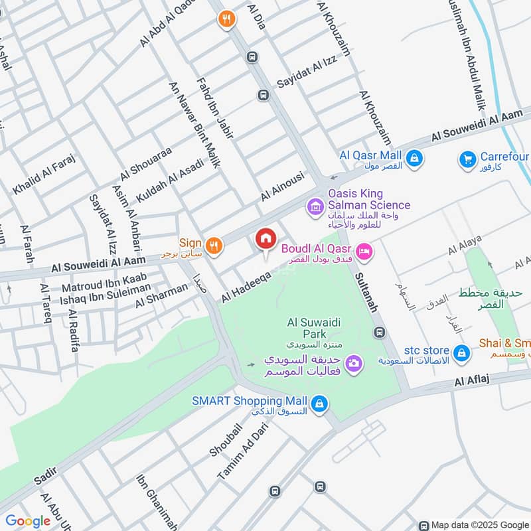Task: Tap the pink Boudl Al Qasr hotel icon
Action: [364, 251]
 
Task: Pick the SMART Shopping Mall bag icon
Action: [319, 403]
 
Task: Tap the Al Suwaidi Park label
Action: [305, 329]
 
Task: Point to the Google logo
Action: [28, 521]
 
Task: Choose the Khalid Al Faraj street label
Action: [44, 175]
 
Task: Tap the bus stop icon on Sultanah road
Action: [379, 331]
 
